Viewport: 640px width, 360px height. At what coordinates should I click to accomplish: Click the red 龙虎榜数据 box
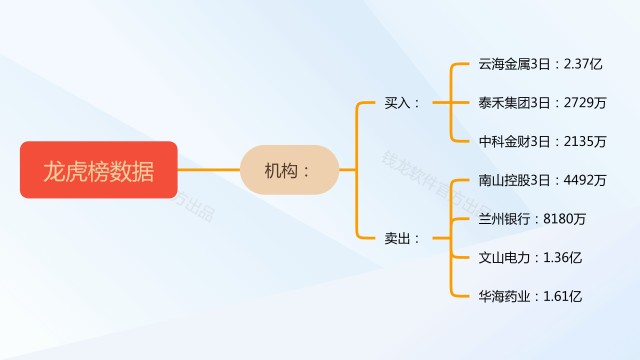[x=99, y=170]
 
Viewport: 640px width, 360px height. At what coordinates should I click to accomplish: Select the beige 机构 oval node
[x=289, y=170]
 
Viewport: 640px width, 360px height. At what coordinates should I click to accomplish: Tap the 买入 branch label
[x=398, y=103]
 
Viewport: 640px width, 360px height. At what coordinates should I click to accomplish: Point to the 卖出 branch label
[x=398, y=238]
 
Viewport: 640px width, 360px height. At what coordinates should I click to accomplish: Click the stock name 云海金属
[x=504, y=64]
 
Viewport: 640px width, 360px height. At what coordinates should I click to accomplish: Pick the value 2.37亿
[x=583, y=64]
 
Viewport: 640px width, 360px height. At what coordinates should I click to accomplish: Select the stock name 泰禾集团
[x=504, y=103]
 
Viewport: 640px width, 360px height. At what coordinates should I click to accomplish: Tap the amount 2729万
[x=585, y=103]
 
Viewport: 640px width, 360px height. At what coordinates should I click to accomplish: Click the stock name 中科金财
[x=504, y=142]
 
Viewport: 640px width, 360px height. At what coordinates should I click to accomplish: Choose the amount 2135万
[x=585, y=142]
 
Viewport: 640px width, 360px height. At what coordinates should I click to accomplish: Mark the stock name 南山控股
[x=504, y=180]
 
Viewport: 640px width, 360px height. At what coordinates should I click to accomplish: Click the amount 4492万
[x=585, y=180]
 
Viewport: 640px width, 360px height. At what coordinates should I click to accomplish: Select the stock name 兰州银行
[x=504, y=219]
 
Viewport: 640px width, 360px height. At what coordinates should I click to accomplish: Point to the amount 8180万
[x=564, y=219]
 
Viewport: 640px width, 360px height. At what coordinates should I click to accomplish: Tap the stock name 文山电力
[x=504, y=258]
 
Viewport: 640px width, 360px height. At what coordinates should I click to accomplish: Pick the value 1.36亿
[x=562, y=258]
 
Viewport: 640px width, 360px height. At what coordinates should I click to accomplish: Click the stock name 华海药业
[x=504, y=296]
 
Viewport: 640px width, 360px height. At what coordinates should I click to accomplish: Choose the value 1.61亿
[x=562, y=296]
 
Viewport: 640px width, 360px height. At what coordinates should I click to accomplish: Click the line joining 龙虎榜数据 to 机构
[x=209, y=169]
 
